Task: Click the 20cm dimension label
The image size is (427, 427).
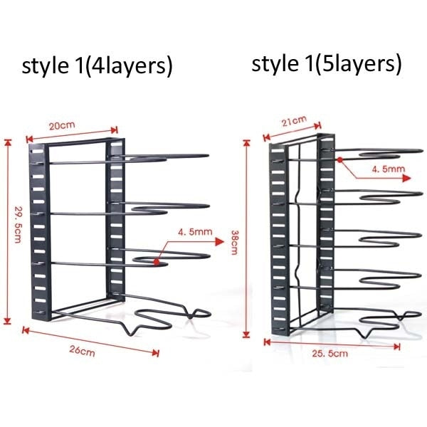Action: (62, 126)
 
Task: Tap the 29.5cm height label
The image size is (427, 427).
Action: (18, 224)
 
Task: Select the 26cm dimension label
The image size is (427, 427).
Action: (83, 350)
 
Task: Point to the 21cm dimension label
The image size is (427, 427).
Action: (295, 121)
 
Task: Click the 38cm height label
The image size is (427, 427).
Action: (234, 243)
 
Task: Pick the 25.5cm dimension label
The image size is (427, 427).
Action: (330, 354)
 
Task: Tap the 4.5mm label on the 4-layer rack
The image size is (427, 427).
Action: (195, 232)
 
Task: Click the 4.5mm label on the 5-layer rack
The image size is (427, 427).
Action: (389, 169)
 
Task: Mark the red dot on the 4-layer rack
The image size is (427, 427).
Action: (157, 262)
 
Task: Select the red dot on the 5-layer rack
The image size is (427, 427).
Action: (340, 160)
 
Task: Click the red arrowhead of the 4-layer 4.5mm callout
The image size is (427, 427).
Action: (219, 241)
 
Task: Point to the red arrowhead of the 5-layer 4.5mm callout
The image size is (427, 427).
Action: (406, 179)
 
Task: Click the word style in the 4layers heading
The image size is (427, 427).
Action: (46, 66)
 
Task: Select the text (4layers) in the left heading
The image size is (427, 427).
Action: (129, 67)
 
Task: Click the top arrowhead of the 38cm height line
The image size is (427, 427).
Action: (247, 143)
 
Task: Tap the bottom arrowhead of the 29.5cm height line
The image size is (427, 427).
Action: (8, 320)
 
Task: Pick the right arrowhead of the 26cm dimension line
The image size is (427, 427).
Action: (155, 353)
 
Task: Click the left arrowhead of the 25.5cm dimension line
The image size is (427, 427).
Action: (267, 342)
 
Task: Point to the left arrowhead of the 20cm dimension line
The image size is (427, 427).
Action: (29, 139)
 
